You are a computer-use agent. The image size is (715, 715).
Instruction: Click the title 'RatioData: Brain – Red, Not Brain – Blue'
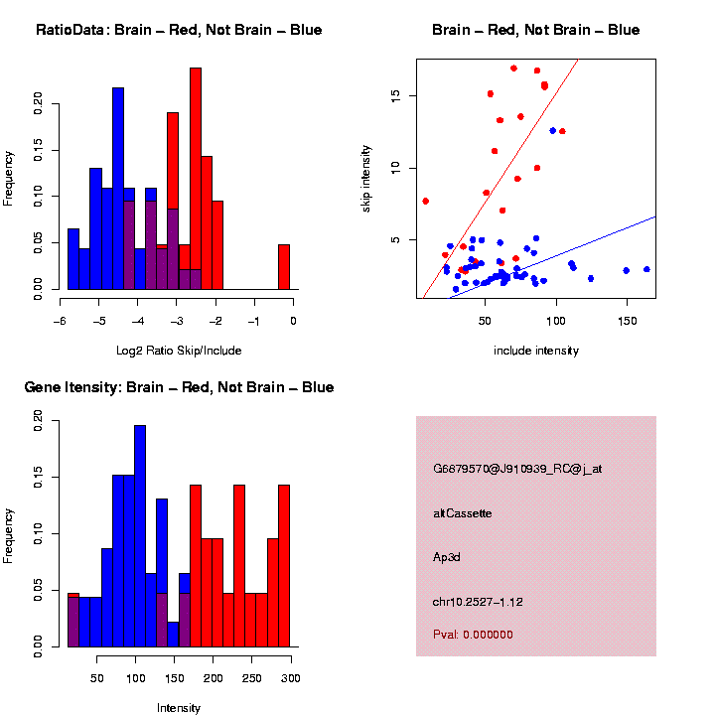pyautogui.click(x=179, y=30)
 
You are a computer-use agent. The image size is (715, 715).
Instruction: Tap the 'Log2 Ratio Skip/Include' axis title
pyautogui.click(x=179, y=351)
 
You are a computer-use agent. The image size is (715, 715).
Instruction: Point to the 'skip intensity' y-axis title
pyautogui.click(x=366, y=178)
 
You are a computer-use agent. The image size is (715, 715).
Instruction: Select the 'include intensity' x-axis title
pyautogui.click(x=535, y=351)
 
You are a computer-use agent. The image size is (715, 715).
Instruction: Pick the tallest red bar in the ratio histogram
pyautogui.click(x=196, y=179)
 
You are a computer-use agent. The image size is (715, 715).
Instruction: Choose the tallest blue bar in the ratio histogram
pyautogui.click(x=118, y=189)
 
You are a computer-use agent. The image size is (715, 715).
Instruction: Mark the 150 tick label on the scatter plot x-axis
pyautogui.click(x=627, y=322)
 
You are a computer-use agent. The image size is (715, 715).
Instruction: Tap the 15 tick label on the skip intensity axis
pyautogui.click(x=394, y=95)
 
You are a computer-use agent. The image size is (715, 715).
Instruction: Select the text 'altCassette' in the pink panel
pyautogui.click(x=463, y=513)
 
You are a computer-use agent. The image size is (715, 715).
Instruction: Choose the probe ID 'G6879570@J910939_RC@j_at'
pyautogui.click(x=517, y=469)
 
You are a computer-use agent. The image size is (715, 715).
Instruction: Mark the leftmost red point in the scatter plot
pyautogui.click(x=425, y=201)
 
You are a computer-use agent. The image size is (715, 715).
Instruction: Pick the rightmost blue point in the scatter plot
pyautogui.click(x=646, y=269)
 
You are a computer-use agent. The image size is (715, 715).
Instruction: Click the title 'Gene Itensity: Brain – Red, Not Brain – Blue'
pyautogui.click(x=179, y=387)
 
